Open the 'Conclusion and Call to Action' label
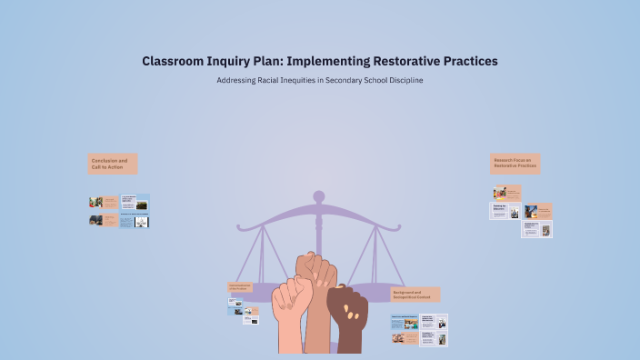pos(113,164)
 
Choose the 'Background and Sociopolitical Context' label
pos(415,295)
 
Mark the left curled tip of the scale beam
pos(240,225)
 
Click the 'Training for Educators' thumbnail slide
pos(505,211)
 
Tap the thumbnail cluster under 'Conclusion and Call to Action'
pos(119,211)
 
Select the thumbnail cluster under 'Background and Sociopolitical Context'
pos(419,329)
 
